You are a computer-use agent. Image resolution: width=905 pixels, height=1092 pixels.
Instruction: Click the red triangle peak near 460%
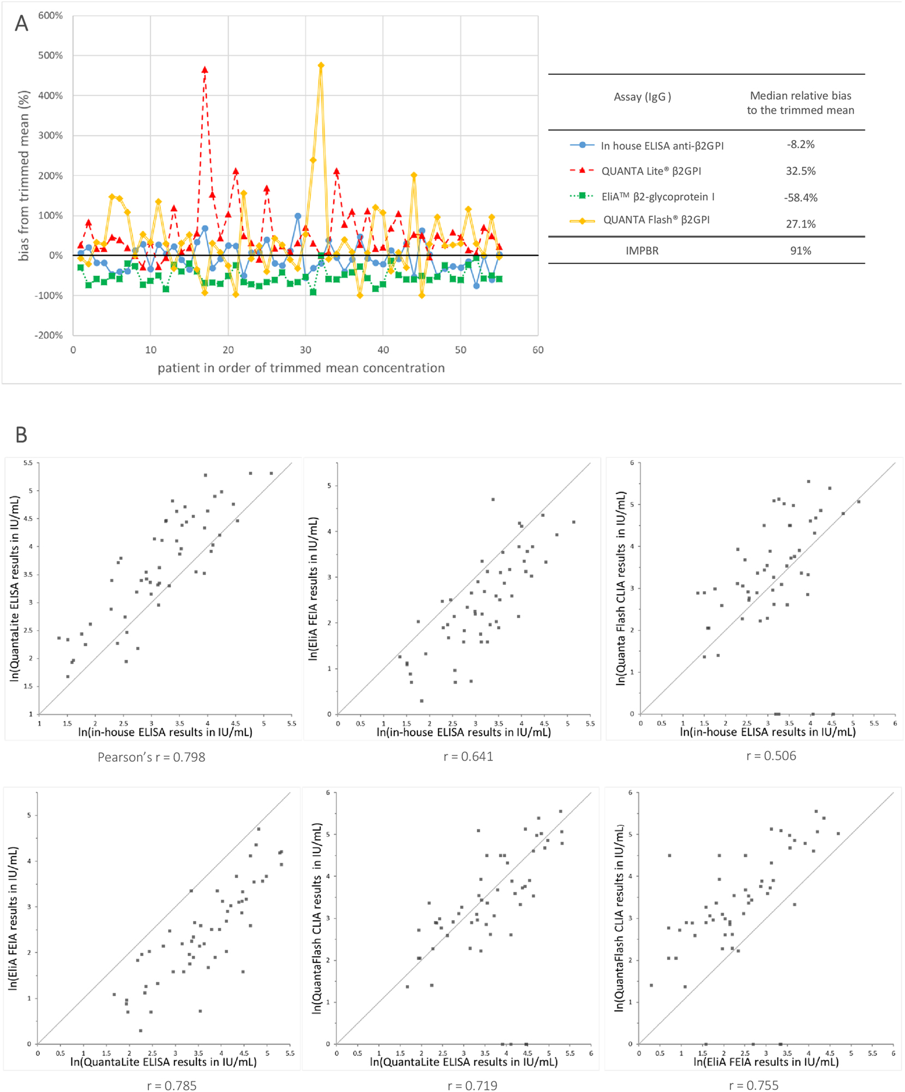[205, 70]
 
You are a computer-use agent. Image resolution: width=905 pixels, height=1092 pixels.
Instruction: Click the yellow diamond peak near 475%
[321, 65]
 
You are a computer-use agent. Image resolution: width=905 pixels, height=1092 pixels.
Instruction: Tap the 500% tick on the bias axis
[50, 56]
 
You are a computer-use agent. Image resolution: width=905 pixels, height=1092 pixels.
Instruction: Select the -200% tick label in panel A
[49, 336]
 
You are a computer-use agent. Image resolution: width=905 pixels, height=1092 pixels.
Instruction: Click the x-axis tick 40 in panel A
[383, 350]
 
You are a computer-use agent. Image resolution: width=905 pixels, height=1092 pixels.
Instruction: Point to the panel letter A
[21, 23]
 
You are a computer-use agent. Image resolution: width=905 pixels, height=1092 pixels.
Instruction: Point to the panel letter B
[21, 435]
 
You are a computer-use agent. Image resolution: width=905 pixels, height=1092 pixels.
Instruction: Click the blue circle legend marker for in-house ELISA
[582, 145]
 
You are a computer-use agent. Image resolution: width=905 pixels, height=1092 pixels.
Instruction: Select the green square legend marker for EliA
[582, 196]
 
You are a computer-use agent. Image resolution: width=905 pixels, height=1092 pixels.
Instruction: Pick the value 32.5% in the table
[800, 171]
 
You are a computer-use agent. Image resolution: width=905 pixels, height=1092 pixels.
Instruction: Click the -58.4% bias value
[800, 198]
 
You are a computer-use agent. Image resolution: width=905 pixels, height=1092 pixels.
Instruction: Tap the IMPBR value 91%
[800, 251]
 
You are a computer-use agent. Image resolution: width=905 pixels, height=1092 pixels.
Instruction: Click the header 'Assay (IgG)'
[642, 97]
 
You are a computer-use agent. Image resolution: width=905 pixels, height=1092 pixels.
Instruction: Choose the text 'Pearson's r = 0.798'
[151, 757]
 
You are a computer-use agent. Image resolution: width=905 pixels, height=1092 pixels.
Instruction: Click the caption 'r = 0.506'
[771, 756]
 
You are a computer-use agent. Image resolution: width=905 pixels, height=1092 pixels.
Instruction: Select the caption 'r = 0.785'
[171, 1085]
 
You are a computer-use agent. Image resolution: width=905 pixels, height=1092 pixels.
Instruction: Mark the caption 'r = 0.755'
[753, 1085]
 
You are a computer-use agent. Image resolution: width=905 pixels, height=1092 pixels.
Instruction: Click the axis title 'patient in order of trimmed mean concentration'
[301, 368]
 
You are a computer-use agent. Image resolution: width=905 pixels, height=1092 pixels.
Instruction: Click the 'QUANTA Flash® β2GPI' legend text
[656, 220]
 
